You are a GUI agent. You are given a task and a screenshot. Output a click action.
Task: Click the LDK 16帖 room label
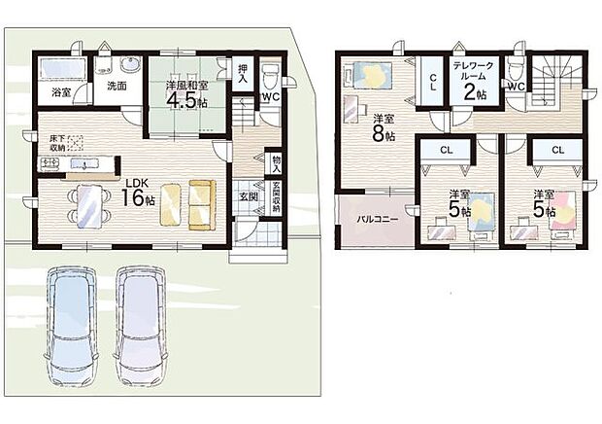pyautogui.click(x=138, y=193)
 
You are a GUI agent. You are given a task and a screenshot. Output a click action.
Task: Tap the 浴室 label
pyautogui.click(x=61, y=92)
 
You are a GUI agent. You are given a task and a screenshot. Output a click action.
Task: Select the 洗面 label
pyautogui.click(x=117, y=87)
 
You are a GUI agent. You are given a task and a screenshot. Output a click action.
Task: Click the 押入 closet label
pyautogui.click(x=243, y=73)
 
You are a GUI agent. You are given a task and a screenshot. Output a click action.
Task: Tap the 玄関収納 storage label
pyautogui.click(x=277, y=196)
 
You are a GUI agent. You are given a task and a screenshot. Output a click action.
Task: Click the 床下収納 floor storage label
pyautogui.click(x=57, y=143)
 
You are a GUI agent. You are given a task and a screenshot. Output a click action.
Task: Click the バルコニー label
pyautogui.click(x=378, y=220)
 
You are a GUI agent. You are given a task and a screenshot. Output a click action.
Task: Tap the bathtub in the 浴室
pyautogui.click(x=62, y=69)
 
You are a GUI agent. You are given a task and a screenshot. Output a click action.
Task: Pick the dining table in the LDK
pyautogui.click(x=90, y=206)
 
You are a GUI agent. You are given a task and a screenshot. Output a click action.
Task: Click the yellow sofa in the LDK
pyautogui.click(x=200, y=205)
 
